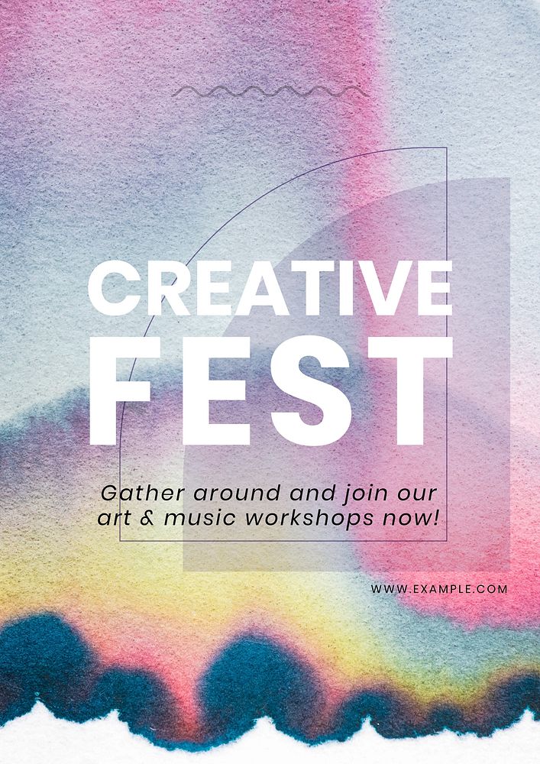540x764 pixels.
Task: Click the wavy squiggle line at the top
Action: click(268, 92)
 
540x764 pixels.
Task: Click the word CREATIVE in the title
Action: click(270, 289)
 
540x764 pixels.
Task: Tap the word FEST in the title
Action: click(270, 391)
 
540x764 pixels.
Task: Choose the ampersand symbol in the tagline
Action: click(148, 518)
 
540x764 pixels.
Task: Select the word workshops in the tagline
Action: click(309, 519)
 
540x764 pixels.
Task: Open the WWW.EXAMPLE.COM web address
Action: click(439, 589)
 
